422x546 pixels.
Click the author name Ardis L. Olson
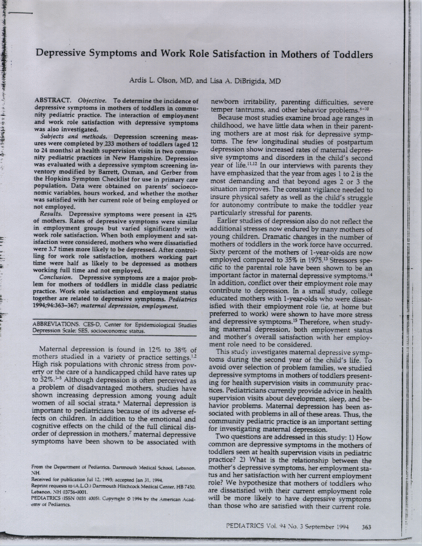tap(155, 81)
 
